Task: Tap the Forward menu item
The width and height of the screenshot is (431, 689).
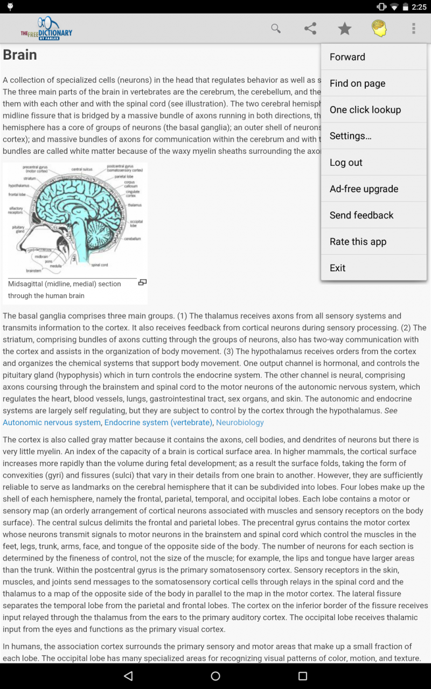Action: click(347, 57)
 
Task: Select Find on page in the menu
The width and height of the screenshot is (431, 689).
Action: click(357, 83)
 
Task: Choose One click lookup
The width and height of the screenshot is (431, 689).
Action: click(365, 110)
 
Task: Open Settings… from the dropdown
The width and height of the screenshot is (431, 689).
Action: click(351, 136)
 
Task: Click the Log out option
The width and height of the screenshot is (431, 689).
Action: click(346, 163)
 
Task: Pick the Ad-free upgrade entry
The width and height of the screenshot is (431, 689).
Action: click(364, 189)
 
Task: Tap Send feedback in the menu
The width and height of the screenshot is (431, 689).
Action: click(362, 215)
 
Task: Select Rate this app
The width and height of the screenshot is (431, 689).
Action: click(358, 242)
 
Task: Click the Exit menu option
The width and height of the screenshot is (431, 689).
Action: click(338, 268)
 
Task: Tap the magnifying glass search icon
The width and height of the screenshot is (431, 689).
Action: click(276, 29)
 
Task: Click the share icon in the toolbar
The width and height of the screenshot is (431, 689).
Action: click(310, 29)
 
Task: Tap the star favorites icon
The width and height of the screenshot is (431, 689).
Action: click(345, 29)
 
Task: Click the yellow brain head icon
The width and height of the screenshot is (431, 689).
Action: click(379, 29)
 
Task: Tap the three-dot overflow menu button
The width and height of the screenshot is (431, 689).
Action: click(414, 29)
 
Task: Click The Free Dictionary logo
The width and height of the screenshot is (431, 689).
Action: click(47, 29)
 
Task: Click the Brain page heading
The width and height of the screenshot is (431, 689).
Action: click(20, 55)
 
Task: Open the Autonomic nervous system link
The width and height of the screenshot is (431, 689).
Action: click(52, 423)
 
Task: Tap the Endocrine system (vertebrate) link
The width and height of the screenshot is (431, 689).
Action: click(158, 423)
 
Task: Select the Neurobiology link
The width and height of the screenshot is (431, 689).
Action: click(240, 423)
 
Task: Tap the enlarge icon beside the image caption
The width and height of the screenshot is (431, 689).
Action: click(142, 283)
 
